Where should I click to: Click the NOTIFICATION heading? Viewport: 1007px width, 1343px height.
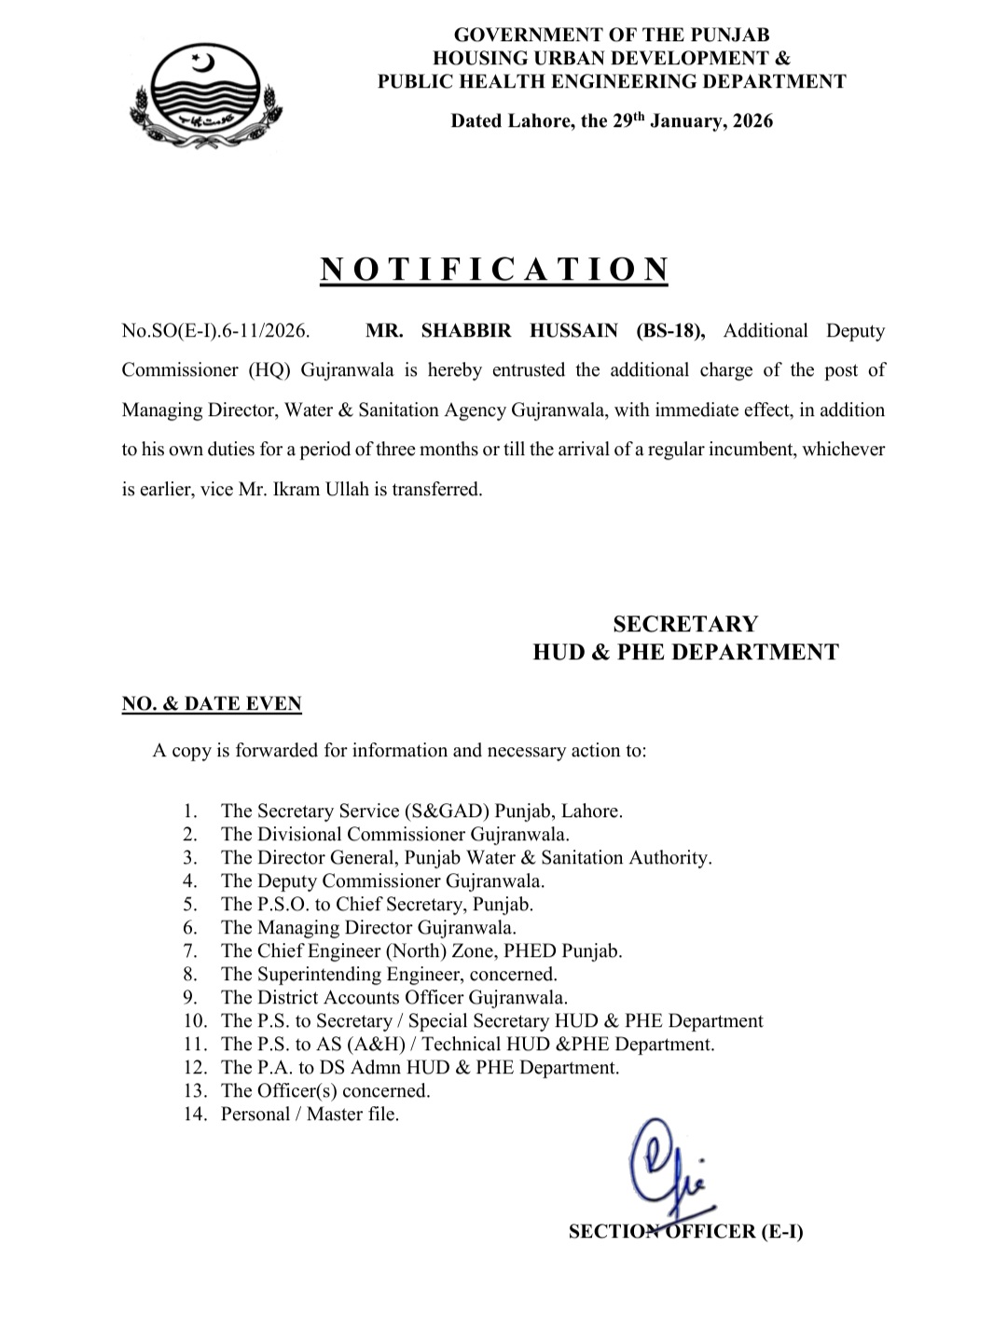tap(494, 269)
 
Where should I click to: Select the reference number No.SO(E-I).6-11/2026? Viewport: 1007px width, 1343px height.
tap(215, 331)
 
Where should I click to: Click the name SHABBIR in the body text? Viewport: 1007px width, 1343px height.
tap(462, 331)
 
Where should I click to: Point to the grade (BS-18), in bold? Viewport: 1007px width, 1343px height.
tap(671, 331)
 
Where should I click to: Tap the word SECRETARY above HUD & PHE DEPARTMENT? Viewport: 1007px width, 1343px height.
tap(685, 623)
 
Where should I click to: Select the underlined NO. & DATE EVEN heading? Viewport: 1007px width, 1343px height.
tap(212, 704)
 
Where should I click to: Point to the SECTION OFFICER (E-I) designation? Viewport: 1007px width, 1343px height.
tap(686, 1231)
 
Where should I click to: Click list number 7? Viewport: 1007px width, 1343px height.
tap(190, 951)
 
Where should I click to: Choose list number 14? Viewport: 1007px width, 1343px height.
tap(194, 1115)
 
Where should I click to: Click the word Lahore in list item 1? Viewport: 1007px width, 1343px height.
tap(591, 811)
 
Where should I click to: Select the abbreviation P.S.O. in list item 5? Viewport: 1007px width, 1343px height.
tap(283, 905)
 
